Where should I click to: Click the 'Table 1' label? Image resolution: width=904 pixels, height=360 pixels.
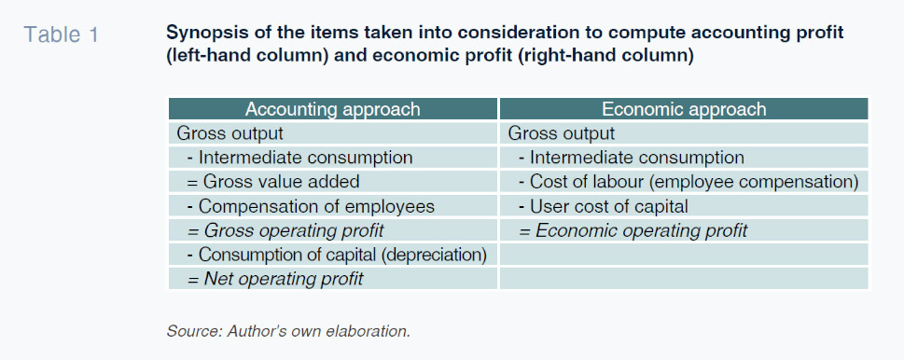pos(62,35)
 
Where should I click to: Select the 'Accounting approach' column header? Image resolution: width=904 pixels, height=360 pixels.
pos(333,109)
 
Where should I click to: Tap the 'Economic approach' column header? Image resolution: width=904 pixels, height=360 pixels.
pos(684,109)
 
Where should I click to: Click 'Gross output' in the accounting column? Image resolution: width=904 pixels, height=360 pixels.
pos(230,133)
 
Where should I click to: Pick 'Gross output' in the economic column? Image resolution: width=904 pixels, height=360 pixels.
pos(562,133)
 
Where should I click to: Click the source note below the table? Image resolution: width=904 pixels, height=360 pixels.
pos(288,331)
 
